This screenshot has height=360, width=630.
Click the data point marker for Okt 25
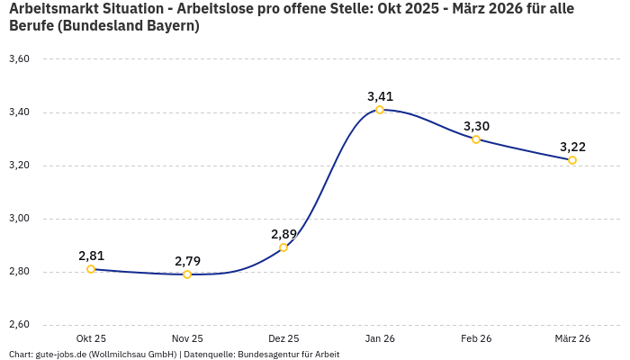tap(91, 269)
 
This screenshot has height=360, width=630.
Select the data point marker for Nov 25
tap(187, 274)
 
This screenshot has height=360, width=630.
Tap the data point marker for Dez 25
tap(283, 247)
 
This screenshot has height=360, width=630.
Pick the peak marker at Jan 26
tap(380, 110)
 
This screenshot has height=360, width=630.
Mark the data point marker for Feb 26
tap(476, 139)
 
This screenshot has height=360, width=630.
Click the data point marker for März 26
tap(572, 160)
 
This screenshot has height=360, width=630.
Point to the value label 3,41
tap(380, 96)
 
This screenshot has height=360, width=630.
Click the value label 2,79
tap(187, 261)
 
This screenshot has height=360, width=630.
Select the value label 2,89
tap(283, 234)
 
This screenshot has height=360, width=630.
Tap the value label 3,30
tap(476, 126)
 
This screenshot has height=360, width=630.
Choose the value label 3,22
tap(572, 147)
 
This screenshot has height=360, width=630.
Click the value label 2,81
tap(91, 256)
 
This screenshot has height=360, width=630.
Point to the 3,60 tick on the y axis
tap(19, 59)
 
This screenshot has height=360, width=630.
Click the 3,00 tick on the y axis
tap(19, 219)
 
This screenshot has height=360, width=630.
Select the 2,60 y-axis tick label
tap(19, 325)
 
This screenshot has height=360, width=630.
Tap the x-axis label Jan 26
tap(380, 338)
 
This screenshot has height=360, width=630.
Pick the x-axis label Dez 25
tap(283, 338)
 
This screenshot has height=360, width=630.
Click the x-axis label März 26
tap(572, 338)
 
